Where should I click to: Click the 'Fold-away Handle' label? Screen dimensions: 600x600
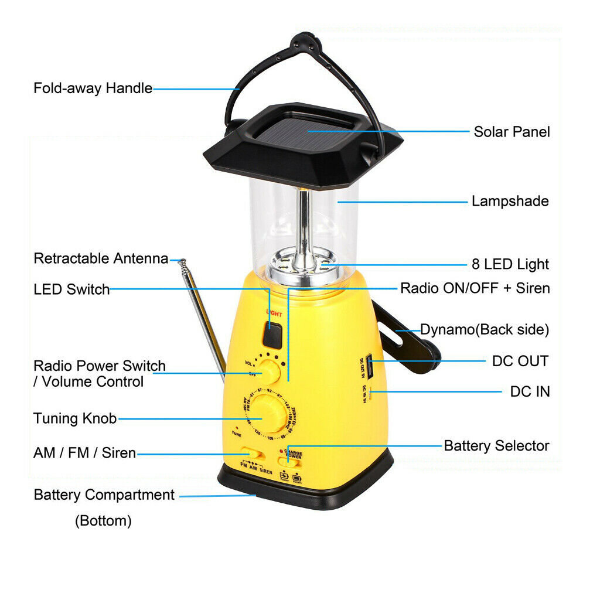click(x=93, y=88)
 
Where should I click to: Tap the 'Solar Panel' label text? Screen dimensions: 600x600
click(x=512, y=131)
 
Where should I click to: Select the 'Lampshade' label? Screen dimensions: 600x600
click(x=510, y=202)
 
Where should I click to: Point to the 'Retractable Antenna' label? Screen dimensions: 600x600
click(x=101, y=258)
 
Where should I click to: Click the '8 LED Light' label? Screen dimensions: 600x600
click(x=510, y=264)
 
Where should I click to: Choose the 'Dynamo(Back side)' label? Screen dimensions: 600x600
click(x=485, y=329)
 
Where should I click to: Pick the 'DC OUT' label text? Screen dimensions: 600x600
click(x=520, y=361)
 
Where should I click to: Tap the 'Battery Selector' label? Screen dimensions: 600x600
click(x=496, y=446)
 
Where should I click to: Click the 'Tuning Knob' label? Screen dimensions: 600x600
click(x=75, y=418)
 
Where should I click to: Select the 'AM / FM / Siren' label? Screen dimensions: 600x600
click(x=85, y=453)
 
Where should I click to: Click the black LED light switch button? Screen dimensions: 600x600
click(x=272, y=335)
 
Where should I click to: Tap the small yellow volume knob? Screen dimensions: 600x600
click(x=270, y=372)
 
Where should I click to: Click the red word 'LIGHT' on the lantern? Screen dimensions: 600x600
click(x=274, y=313)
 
